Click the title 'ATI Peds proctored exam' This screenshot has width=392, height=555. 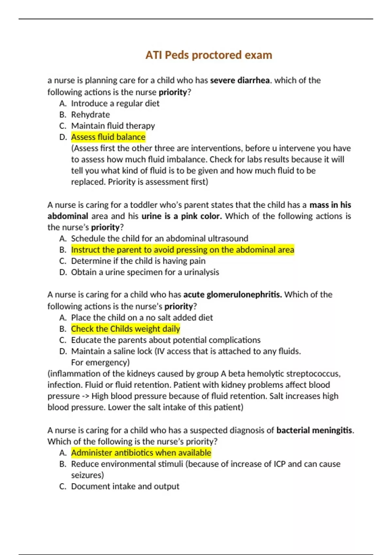(209, 55)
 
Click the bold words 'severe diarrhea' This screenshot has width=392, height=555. (240, 80)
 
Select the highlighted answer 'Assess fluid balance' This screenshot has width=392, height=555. (108, 137)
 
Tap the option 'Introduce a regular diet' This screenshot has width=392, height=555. (115, 103)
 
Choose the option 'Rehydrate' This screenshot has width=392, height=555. (90, 115)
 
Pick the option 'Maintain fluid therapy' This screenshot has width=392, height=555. (113, 126)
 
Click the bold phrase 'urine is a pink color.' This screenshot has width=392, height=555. (182, 216)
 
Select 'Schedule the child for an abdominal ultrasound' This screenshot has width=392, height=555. (159, 239)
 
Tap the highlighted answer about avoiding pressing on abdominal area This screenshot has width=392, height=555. (182, 250)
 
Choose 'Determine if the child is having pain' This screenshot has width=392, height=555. (138, 261)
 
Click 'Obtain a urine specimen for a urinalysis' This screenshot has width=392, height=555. (145, 272)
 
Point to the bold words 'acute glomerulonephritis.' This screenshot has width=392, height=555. (233, 295)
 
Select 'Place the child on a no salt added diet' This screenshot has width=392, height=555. (142, 318)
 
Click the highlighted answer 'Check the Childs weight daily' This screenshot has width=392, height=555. (125, 329)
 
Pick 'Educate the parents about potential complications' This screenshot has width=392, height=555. (166, 340)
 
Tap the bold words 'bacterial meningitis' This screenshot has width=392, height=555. (315, 430)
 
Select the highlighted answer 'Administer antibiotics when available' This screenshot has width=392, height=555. (141, 453)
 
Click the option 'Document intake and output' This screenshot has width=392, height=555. (125, 486)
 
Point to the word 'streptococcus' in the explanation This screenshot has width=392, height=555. (313, 373)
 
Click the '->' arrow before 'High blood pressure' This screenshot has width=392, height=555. (86, 396)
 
